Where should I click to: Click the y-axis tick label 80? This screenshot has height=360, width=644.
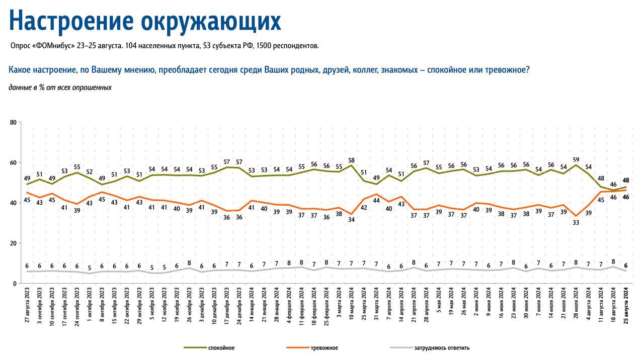13,122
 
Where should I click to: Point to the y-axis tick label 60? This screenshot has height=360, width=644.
13,162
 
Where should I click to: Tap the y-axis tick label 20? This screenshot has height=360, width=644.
13,243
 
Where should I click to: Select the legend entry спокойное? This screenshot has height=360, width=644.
221,348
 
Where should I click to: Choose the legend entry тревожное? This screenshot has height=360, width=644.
325,348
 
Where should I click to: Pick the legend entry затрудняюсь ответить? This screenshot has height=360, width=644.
442,348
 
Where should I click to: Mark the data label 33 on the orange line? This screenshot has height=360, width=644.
576,222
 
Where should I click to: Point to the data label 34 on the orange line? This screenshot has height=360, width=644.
351,220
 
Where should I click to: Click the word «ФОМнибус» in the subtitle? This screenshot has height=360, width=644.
53,46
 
